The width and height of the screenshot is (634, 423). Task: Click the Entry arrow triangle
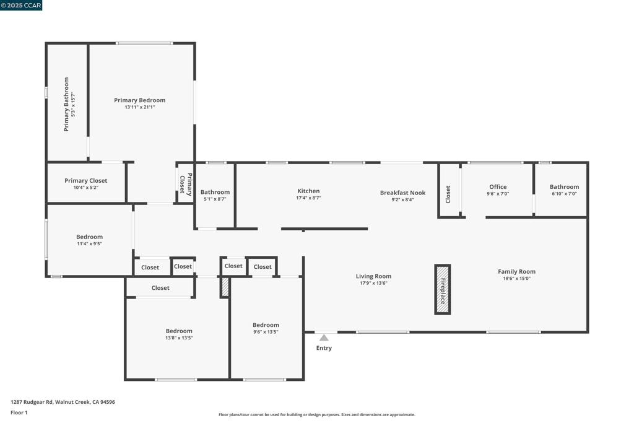click(324, 338)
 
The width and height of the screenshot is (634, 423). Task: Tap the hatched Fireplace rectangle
click(442, 289)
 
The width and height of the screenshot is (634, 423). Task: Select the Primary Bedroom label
click(139, 100)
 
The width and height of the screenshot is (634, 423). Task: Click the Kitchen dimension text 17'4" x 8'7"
click(308, 198)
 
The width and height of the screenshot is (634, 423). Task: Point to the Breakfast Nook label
click(402, 193)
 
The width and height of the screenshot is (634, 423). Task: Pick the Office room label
click(498, 187)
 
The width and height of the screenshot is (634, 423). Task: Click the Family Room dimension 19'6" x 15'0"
click(517, 279)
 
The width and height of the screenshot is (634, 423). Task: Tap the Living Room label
click(373, 276)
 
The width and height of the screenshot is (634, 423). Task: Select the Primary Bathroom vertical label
click(66, 104)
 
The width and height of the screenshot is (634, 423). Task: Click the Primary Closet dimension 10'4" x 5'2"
click(85, 188)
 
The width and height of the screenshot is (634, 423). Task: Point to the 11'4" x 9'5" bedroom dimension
click(89, 244)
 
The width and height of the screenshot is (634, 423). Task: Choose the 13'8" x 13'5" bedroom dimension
click(179, 338)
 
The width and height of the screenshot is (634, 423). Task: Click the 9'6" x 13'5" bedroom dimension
click(266, 332)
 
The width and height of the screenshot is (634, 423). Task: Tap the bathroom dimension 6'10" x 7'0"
click(565, 194)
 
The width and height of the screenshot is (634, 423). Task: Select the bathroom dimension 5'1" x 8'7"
click(215, 199)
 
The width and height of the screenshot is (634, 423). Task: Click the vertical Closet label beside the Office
click(448, 194)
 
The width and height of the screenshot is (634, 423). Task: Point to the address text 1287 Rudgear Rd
click(32, 402)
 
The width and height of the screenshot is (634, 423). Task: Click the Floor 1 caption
click(19, 412)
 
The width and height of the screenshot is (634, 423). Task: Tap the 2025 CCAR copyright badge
click(21, 5)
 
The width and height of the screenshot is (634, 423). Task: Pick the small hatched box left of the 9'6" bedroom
click(225, 287)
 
